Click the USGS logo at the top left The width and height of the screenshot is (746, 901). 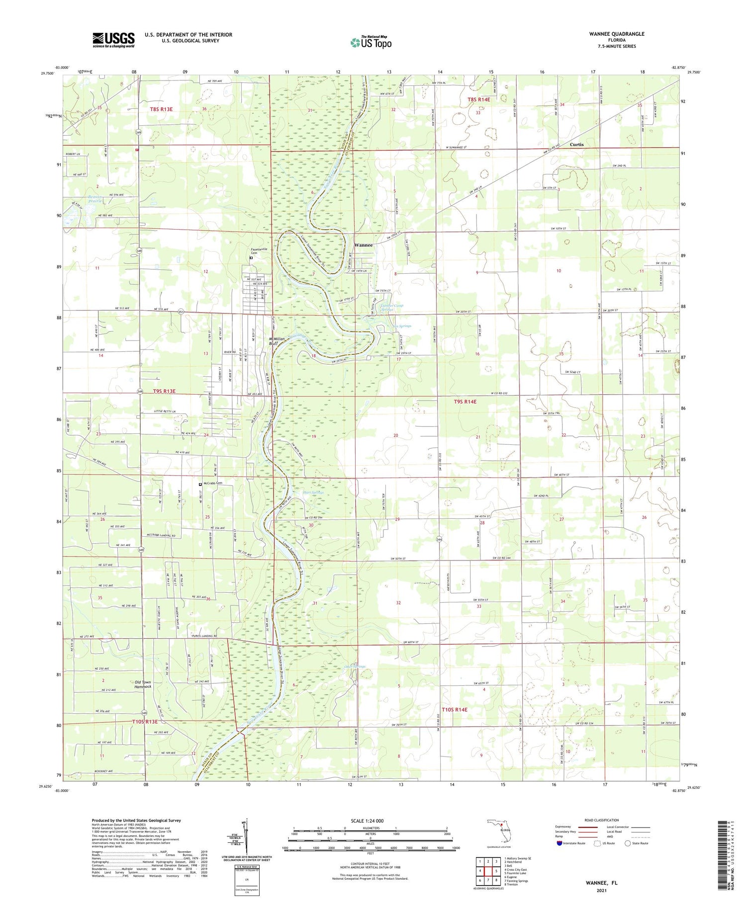tap(113, 39)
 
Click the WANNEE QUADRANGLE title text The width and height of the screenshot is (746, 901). tap(616, 34)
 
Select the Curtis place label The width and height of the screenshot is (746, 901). tap(576, 145)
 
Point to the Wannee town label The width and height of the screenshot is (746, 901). tap(363, 245)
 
